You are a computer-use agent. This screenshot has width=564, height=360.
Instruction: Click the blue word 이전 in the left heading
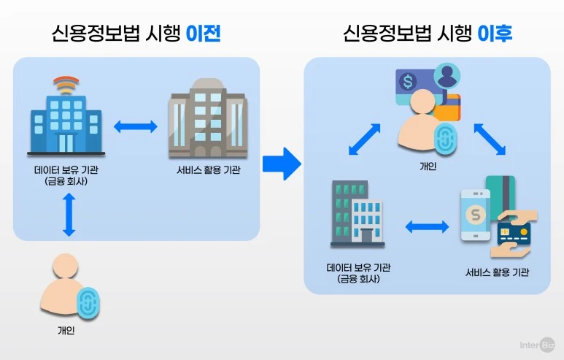pos(204,34)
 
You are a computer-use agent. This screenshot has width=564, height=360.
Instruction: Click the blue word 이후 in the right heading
pos(495,34)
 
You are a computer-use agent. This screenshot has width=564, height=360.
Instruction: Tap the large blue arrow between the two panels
pos(282,164)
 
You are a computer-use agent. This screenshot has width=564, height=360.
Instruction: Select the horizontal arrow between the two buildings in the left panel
pos(135,127)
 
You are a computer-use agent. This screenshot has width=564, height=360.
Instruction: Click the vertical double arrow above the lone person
pos(69,215)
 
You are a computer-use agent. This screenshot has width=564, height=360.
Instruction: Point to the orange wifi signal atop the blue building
pos(66,85)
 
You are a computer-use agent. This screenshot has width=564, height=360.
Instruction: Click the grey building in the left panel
pos(208,119)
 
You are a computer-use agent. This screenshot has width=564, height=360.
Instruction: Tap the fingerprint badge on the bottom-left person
pos(88,303)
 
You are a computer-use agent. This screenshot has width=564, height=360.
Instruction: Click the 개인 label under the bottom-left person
pos(66,330)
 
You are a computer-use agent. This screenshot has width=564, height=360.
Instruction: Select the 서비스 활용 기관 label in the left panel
pos(208,170)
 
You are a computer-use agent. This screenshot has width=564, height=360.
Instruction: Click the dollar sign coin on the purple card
pos(408,81)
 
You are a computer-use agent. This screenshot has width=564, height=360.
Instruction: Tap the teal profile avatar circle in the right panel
pos(447,76)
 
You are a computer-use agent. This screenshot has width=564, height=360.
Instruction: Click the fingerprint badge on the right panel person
pos(446,139)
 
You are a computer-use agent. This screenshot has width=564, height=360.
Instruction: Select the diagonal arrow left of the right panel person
pos(364,139)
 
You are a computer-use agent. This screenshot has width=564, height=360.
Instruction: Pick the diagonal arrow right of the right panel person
pos(490,139)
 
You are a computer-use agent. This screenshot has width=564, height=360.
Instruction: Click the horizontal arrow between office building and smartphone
pos(427,227)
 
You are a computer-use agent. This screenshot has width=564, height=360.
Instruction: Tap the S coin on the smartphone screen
pos(476,215)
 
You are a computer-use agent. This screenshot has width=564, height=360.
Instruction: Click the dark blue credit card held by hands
pos(514,234)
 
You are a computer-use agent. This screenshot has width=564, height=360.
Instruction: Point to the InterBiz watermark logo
pos(537,345)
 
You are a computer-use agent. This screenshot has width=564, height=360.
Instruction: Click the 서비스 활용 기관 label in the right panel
pos(497,272)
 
